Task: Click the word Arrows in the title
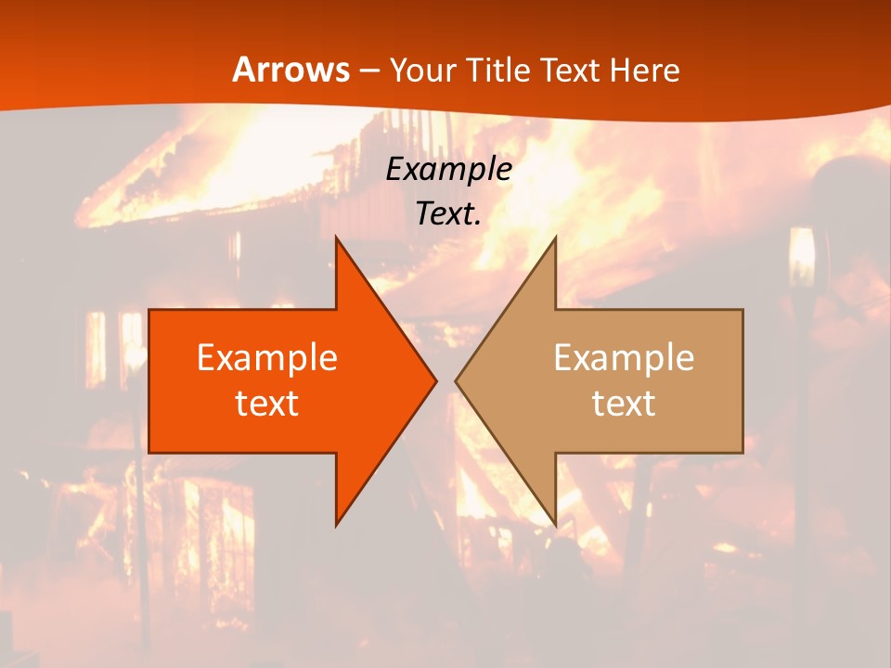(291, 70)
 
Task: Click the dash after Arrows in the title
(368, 71)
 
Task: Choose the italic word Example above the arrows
(448, 169)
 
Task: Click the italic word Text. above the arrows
(448, 213)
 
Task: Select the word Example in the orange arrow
(266, 358)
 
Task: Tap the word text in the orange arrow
(266, 403)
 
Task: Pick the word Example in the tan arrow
(624, 358)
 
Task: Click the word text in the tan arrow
(624, 403)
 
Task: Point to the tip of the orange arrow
(434, 380)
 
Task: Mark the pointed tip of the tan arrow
(458, 380)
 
